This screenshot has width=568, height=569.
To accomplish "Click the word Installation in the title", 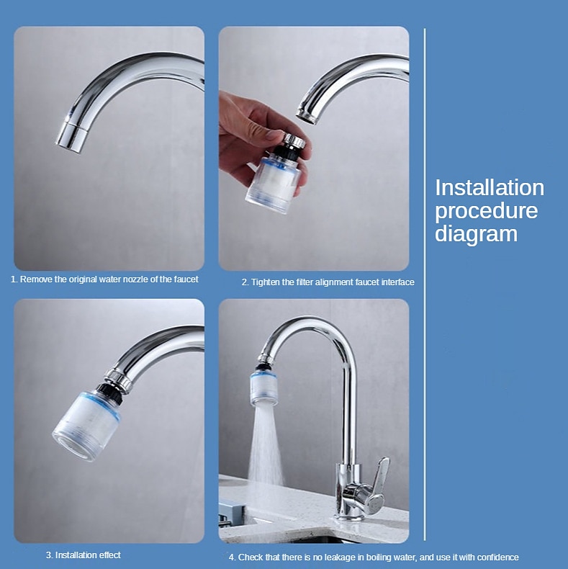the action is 490,187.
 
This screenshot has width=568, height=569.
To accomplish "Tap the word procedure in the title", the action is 487,212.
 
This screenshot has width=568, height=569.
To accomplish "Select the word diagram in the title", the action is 476,234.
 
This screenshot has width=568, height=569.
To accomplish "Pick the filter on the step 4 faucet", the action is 264,387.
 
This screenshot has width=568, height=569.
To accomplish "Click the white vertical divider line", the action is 425,285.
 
